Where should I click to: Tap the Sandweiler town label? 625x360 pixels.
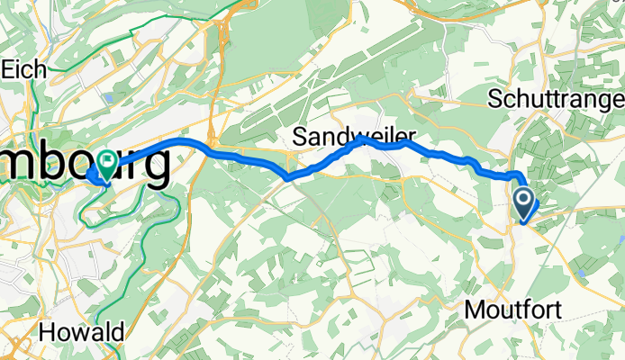348,137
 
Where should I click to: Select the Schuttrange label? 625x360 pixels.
555,98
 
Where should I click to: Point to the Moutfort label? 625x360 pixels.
513,310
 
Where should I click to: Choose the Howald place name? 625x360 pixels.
80,331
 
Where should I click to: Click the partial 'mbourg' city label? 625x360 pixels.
85,167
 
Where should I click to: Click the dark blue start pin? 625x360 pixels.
524,200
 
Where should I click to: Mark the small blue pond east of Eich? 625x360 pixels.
109,96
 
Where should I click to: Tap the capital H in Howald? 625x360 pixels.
46,331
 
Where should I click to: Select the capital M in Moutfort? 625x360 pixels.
475,310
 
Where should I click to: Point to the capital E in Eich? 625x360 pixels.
9,68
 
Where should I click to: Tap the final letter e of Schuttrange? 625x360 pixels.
619,98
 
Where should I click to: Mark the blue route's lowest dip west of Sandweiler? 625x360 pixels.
286,178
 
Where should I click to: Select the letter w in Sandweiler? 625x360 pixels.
354,137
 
